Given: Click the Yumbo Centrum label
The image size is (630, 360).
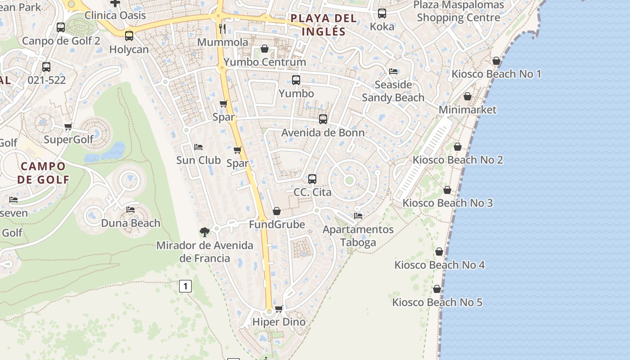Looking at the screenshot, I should (x=265, y=62).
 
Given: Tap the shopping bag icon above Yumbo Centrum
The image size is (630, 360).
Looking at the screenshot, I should (x=265, y=49).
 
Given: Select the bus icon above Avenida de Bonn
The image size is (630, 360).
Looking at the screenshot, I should (x=323, y=119).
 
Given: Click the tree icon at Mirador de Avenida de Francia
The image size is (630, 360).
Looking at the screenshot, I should (x=205, y=232).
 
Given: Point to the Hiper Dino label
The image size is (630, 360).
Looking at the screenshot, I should (x=279, y=322).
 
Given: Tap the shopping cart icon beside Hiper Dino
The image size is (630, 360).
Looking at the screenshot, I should (x=279, y=309).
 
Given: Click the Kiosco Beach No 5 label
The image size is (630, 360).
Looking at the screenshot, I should (x=437, y=302).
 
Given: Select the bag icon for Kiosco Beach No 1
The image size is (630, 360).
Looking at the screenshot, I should (x=496, y=61).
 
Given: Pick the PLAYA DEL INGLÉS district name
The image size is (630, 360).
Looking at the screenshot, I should (x=324, y=25).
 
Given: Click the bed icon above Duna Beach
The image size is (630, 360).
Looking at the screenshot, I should (x=130, y=210).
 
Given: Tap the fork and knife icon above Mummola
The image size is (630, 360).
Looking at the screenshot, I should (x=222, y=29).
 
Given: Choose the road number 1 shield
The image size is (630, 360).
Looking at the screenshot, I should (x=185, y=286).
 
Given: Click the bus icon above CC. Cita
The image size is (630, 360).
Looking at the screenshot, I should (x=312, y=179).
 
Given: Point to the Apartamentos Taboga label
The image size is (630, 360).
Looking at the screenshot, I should (x=358, y=236).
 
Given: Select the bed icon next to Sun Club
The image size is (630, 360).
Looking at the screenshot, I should (x=198, y=147).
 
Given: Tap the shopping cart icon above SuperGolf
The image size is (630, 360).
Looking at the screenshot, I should (x=68, y=126).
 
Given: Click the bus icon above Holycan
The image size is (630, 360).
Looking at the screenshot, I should (x=129, y=36).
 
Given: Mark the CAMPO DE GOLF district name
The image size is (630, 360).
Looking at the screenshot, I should (x=44, y=173).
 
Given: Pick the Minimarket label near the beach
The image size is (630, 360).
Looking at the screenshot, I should (x=468, y=109).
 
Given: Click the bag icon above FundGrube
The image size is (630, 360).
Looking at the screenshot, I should (x=277, y=211).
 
